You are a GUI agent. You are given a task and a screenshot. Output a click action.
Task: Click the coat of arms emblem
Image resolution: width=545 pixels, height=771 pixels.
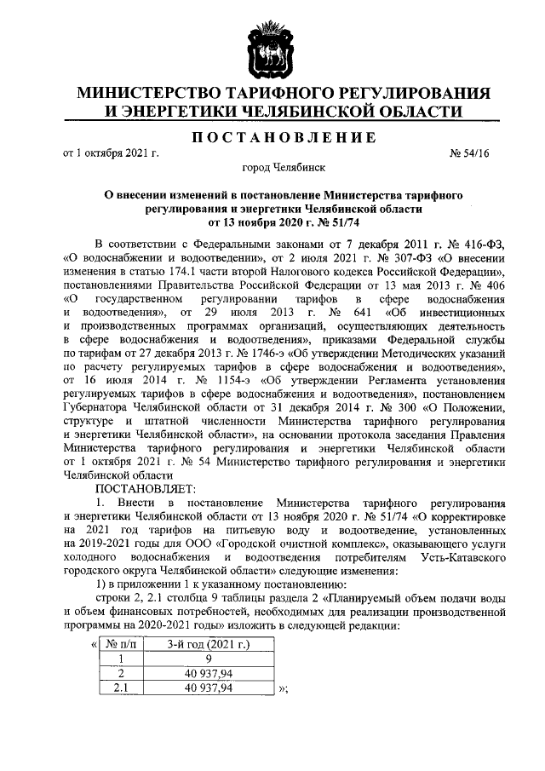point(272,49)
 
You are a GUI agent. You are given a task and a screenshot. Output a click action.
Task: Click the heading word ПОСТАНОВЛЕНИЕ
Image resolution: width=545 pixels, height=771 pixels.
point(272,138)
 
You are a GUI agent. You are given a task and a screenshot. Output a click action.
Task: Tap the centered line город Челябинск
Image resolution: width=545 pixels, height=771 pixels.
point(272,169)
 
